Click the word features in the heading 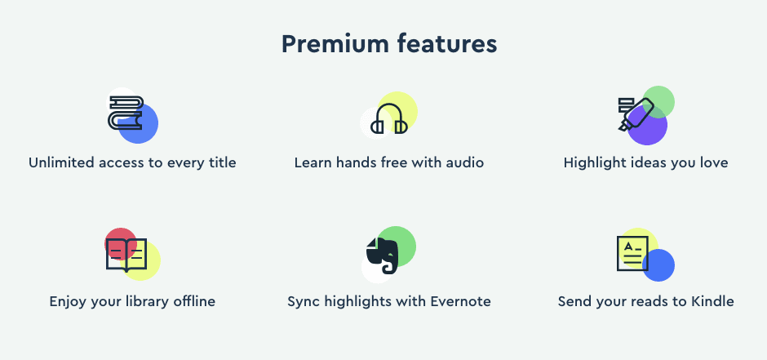pyautogui.click(x=446, y=44)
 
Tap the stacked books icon pyautogui.click(x=125, y=113)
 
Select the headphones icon pyautogui.click(x=389, y=119)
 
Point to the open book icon pyautogui.click(x=126, y=255)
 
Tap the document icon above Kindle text pyautogui.click(x=632, y=253)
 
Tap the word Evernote pyautogui.click(x=460, y=300)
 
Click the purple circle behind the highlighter pyautogui.click(x=647, y=126)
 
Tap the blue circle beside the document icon pyautogui.click(x=658, y=265)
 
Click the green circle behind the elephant pyautogui.click(x=397, y=246)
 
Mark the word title pyautogui.click(x=223, y=162)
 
